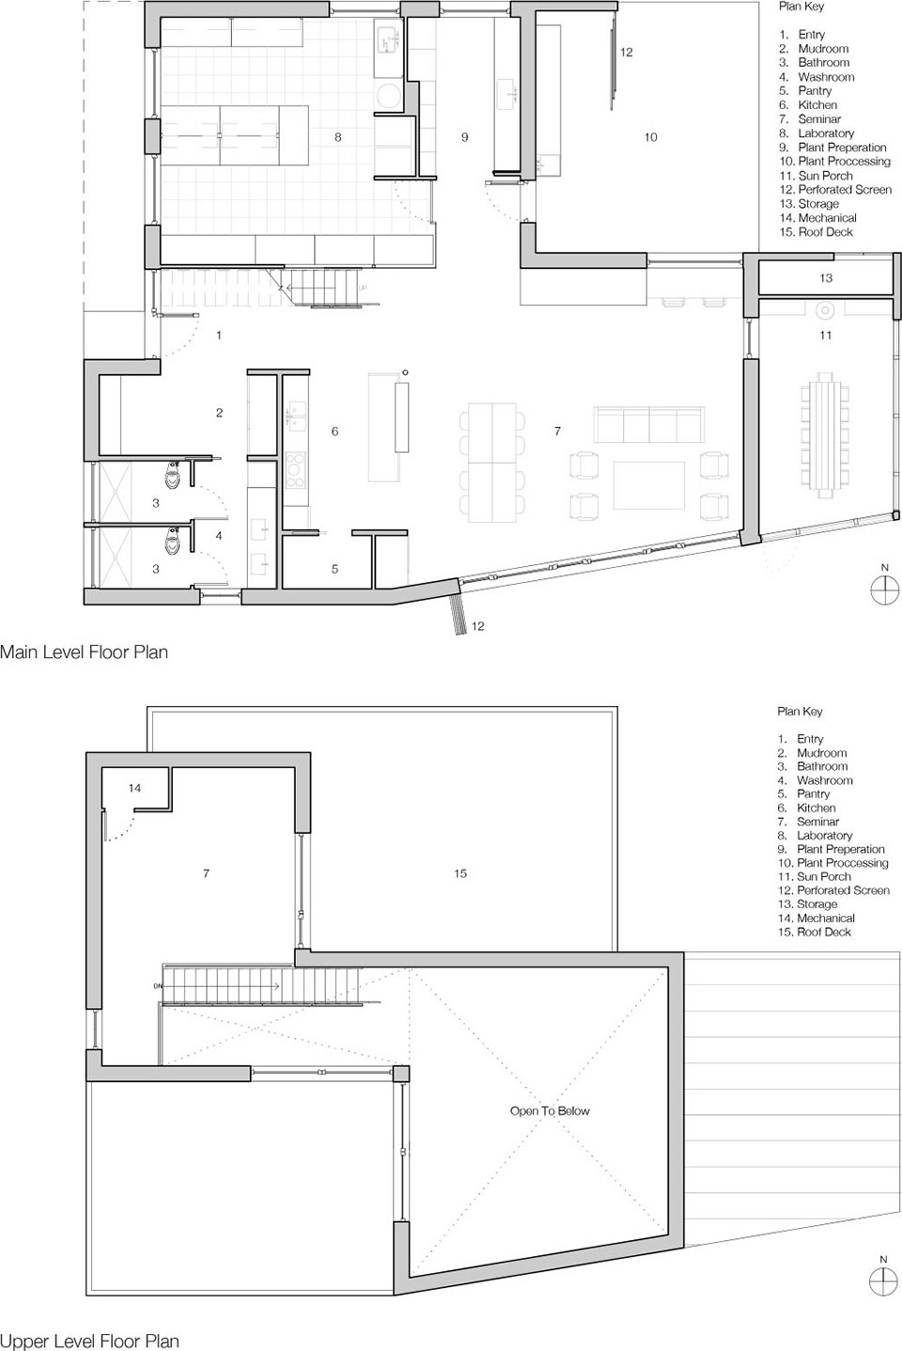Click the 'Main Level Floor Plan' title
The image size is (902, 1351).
coord(84,652)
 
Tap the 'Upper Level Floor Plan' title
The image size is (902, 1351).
coord(89,1341)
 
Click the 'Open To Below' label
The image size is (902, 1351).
coord(550,1110)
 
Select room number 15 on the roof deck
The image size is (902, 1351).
coord(460,872)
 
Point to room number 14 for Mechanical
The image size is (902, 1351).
coord(134,788)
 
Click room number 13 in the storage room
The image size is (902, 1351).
coord(826,278)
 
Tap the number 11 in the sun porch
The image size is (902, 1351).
coord(826,335)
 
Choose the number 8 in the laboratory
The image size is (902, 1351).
coord(337,137)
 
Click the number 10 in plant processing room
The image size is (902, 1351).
coord(650,137)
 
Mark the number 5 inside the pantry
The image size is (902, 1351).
coord(334,569)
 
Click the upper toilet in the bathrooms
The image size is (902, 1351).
coord(173,476)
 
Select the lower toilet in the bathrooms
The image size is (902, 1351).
coord(173,541)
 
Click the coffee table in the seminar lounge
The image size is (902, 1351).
coord(648,485)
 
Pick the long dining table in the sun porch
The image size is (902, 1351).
coord(825,435)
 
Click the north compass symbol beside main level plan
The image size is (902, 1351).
coord(884,589)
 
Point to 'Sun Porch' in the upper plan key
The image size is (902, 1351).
coord(823,876)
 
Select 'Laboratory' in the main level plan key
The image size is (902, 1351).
coord(826,134)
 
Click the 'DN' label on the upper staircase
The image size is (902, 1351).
coord(158,985)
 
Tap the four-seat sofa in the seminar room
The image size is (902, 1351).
coord(648,425)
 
